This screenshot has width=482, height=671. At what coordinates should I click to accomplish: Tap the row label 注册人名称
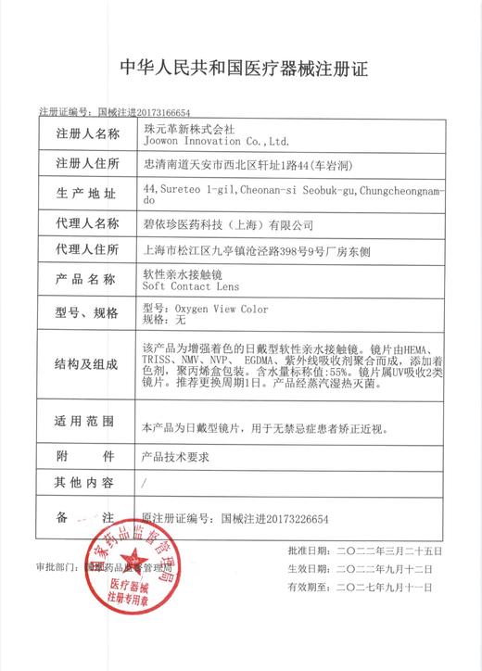point(87,133)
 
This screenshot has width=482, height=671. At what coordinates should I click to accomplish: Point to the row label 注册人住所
point(87,163)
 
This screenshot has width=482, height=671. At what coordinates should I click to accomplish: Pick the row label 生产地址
point(87,194)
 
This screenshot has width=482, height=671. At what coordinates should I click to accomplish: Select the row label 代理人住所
point(87,250)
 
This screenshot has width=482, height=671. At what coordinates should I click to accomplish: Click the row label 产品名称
point(87,279)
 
